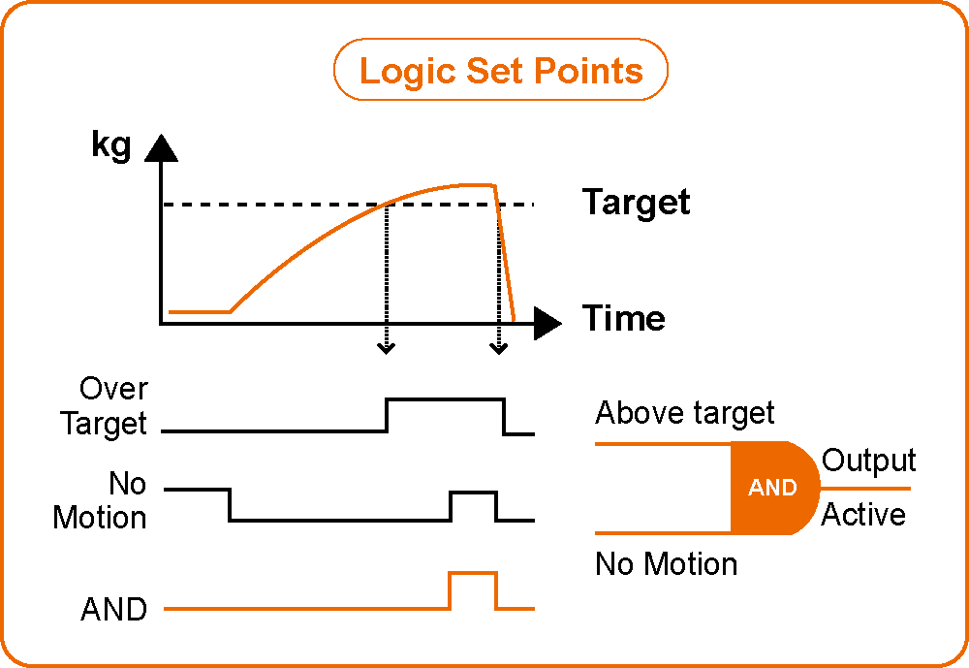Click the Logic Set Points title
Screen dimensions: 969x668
[x=501, y=70]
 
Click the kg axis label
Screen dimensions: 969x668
[x=111, y=146]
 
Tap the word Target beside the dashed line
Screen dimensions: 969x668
[x=636, y=203]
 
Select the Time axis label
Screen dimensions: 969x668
[x=623, y=318]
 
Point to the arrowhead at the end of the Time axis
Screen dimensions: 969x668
[x=547, y=323]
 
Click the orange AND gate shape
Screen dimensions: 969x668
[x=775, y=488]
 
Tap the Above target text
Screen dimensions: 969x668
[x=685, y=413]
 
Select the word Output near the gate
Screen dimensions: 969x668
[x=868, y=461]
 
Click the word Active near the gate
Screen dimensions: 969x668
[x=863, y=514]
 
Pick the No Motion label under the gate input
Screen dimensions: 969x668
[x=667, y=563]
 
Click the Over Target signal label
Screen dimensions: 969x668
[x=104, y=406]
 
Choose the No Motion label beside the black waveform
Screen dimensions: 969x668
[x=100, y=500]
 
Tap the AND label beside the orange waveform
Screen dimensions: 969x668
[x=113, y=609]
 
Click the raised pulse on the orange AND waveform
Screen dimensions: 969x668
[x=473, y=574]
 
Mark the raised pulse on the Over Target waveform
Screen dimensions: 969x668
[x=445, y=399]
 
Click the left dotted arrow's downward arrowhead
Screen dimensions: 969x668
[x=387, y=349]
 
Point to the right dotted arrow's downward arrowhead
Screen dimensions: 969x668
[x=499, y=349]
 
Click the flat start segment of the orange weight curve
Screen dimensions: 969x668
[x=200, y=312]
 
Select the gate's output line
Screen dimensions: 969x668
[x=865, y=489]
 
